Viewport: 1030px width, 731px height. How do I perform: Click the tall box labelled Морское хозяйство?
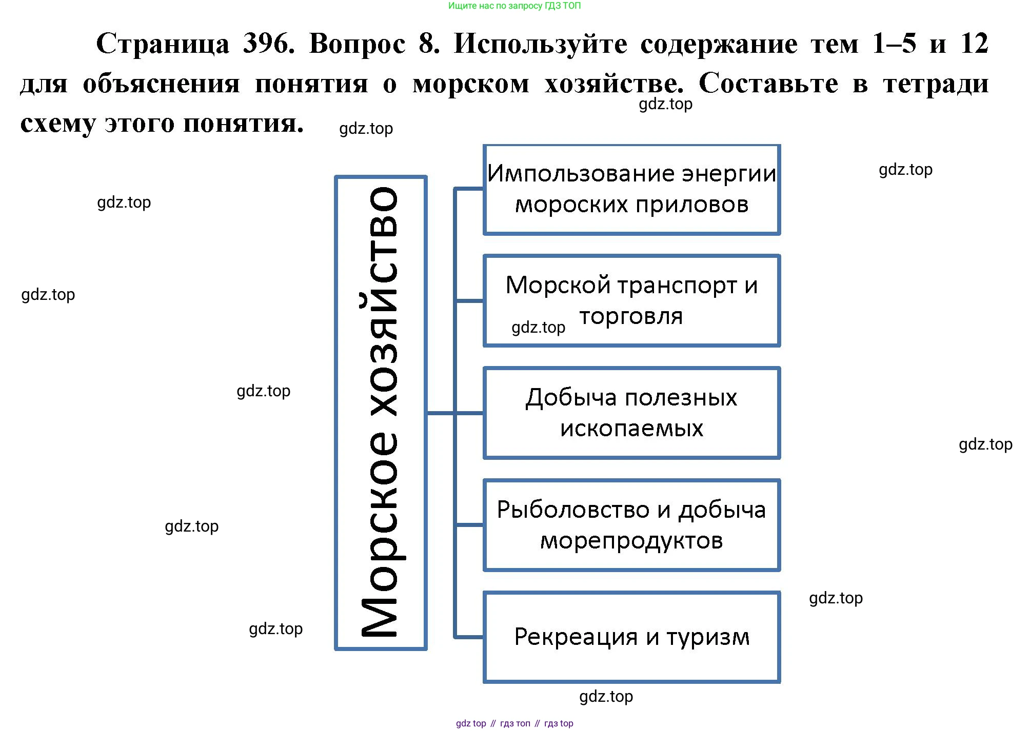(x=381, y=413)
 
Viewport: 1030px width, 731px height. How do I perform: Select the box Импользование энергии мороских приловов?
(x=631, y=189)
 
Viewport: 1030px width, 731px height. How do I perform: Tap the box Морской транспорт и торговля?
(x=631, y=300)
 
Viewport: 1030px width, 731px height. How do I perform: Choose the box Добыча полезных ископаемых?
(x=631, y=413)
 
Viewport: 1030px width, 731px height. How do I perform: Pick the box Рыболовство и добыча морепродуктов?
(x=631, y=524)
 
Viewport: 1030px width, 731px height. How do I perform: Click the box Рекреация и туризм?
(x=631, y=637)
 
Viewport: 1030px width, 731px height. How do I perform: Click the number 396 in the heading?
(x=268, y=44)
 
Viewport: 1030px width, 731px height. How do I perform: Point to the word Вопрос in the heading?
(x=357, y=44)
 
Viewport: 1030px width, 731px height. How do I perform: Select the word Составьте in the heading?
(x=768, y=84)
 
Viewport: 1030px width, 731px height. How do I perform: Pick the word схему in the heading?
(x=57, y=124)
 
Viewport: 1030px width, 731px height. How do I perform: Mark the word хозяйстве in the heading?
(x=613, y=84)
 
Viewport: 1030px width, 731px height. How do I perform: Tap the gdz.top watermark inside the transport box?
(x=538, y=327)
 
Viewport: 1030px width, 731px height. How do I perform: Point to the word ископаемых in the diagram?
(x=631, y=428)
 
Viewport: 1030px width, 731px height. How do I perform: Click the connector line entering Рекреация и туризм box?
(x=469, y=637)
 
